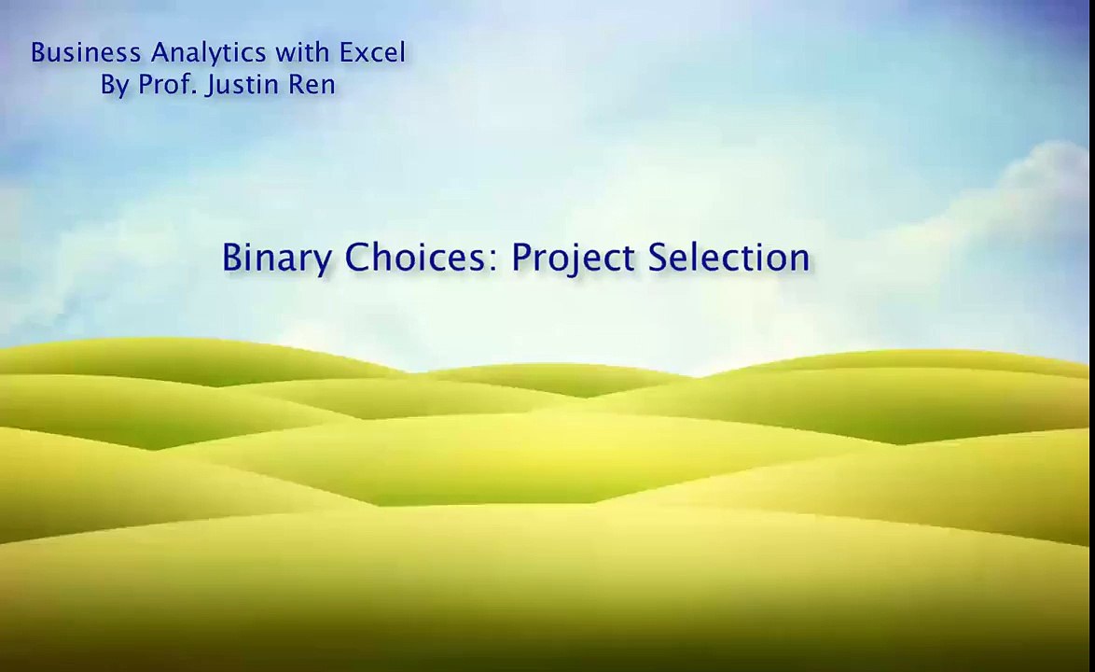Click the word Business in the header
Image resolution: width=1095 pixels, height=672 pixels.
(86, 52)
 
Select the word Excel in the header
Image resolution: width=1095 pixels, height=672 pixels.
(372, 52)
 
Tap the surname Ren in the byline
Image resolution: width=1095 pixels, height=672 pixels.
(312, 85)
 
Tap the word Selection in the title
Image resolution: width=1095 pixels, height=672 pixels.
(729, 257)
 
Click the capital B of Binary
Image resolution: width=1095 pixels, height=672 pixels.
(233, 257)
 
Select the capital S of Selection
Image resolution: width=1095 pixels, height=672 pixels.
(658, 257)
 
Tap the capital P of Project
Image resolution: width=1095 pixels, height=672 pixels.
(522, 257)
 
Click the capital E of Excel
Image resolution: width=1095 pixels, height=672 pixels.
(348, 52)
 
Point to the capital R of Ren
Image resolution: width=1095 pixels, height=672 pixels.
(296, 85)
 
